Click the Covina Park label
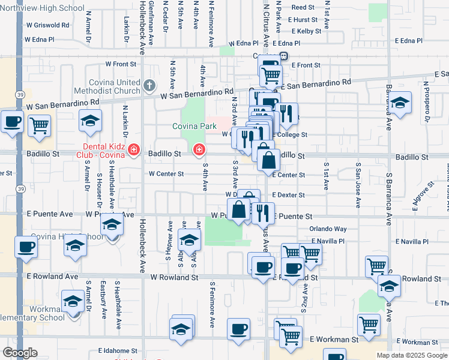(x=194, y=126)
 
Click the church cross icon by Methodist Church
(x=149, y=85)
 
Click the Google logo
(x=20, y=353)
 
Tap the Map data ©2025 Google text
(x=412, y=355)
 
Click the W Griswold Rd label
(x=48, y=26)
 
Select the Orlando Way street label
(x=328, y=229)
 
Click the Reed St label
(x=303, y=8)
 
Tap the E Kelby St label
(x=305, y=31)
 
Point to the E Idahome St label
(x=118, y=350)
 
